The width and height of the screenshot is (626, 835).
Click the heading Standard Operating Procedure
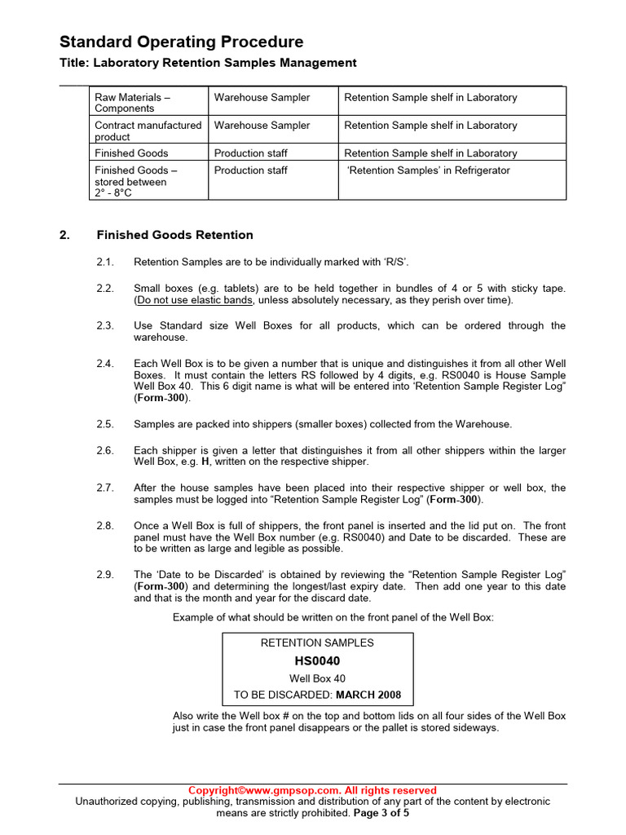(x=181, y=42)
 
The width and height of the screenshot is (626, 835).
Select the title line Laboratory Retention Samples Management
(x=208, y=63)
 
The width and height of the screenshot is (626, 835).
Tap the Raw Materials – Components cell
(x=132, y=103)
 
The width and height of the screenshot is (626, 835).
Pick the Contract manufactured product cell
(x=148, y=130)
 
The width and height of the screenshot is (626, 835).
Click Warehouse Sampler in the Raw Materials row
(x=262, y=97)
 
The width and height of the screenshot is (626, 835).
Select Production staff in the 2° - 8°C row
(x=250, y=170)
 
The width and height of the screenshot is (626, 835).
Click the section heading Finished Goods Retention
(x=174, y=235)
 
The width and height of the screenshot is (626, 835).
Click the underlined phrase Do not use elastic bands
(x=195, y=300)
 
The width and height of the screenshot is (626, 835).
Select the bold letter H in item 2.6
(x=205, y=462)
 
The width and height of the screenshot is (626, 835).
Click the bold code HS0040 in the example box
(x=317, y=660)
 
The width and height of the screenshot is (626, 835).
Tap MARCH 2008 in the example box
(x=368, y=695)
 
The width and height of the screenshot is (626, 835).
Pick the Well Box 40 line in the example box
(x=317, y=678)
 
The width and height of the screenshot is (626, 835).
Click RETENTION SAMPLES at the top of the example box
(x=317, y=643)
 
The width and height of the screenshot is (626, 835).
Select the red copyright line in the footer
(x=312, y=790)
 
